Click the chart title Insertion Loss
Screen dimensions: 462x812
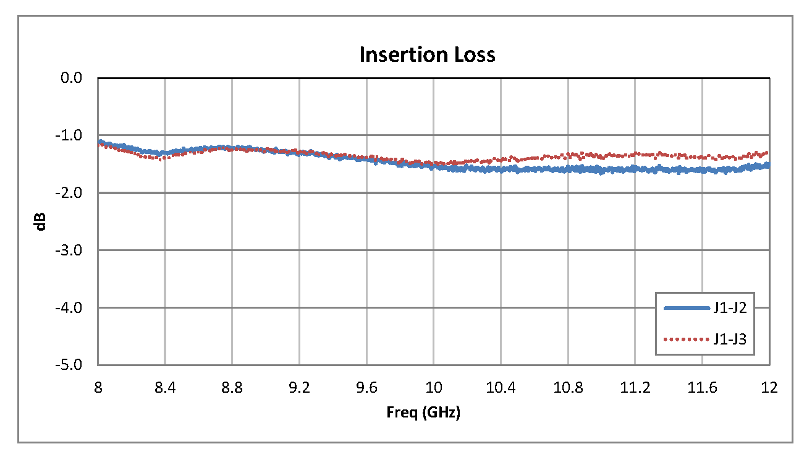click(x=427, y=55)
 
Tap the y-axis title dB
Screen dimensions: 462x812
click(x=41, y=221)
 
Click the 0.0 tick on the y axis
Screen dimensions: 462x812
click(x=72, y=78)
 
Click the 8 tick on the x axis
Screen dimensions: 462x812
click(x=98, y=388)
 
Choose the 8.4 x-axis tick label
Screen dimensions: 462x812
click(x=165, y=388)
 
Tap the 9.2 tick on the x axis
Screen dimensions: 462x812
click(x=299, y=388)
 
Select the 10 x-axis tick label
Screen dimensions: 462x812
click(x=433, y=388)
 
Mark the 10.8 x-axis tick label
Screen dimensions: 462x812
click(x=567, y=388)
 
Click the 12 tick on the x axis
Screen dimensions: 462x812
click(x=769, y=388)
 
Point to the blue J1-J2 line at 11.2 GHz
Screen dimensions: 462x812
click(x=635, y=169)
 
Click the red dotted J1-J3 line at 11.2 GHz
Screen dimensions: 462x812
click(x=635, y=154)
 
